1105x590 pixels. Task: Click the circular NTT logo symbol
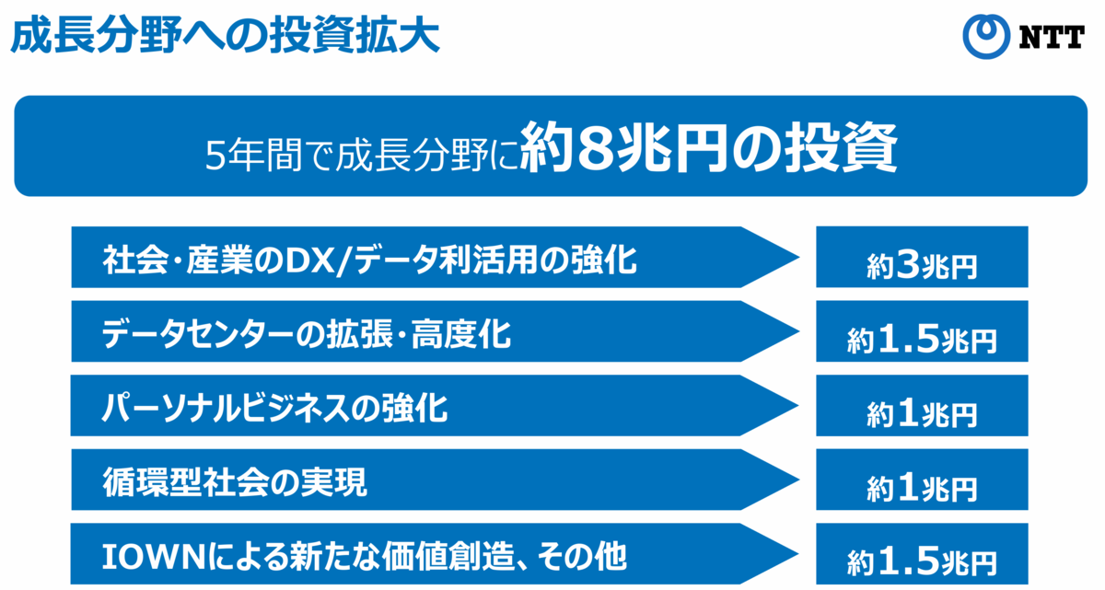(x=986, y=36)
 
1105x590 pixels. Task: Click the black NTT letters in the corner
(x=1052, y=37)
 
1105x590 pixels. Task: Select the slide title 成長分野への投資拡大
(x=225, y=36)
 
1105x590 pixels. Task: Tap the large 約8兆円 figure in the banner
(x=624, y=147)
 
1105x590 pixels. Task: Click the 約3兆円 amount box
(x=922, y=257)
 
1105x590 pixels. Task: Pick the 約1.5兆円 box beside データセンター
(x=922, y=331)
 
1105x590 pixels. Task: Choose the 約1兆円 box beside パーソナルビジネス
(x=922, y=406)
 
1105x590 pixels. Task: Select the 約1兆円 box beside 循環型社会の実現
(x=922, y=480)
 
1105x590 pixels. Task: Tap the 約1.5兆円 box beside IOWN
(x=922, y=554)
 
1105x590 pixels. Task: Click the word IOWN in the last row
(x=154, y=557)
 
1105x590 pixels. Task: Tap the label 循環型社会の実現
(x=235, y=482)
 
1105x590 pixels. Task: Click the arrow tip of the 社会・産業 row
(x=798, y=257)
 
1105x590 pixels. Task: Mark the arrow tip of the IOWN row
(x=798, y=554)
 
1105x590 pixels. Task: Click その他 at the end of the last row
(x=582, y=557)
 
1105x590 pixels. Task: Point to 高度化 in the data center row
(x=461, y=334)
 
